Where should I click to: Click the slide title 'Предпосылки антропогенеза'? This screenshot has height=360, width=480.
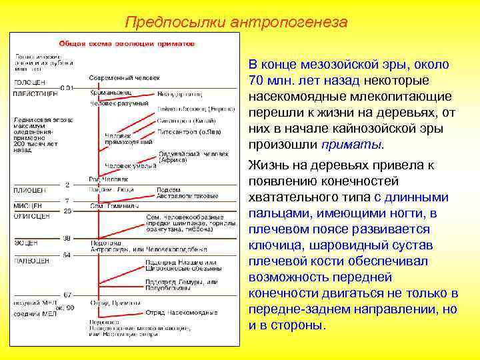point(236,22)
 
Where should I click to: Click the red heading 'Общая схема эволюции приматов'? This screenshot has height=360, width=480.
point(127,42)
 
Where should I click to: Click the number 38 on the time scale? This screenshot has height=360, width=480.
point(67,237)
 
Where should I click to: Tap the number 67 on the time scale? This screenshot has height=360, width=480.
point(67,294)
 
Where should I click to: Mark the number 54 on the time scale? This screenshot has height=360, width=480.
point(67,255)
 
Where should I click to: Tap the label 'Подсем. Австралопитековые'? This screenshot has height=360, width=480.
point(187,193)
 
